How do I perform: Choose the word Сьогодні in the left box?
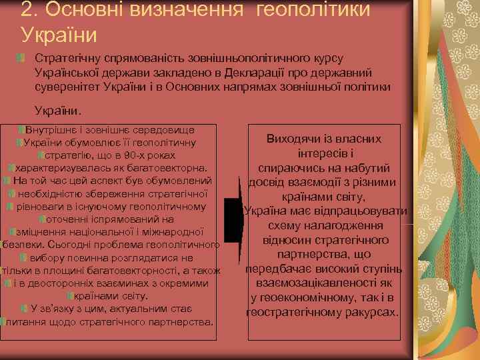click(57, 245)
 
